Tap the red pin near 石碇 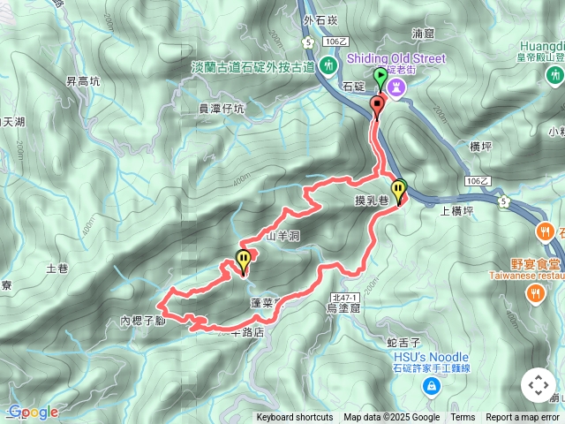[x=377, y=106]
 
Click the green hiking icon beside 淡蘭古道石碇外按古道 [x=328, y=65]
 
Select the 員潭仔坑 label [x=222, y=109]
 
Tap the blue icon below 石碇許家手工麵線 [x=430, y=386]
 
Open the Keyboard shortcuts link [x=295, y=418]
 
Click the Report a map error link [x=523, y=418]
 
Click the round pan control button [x=538, y=385]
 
